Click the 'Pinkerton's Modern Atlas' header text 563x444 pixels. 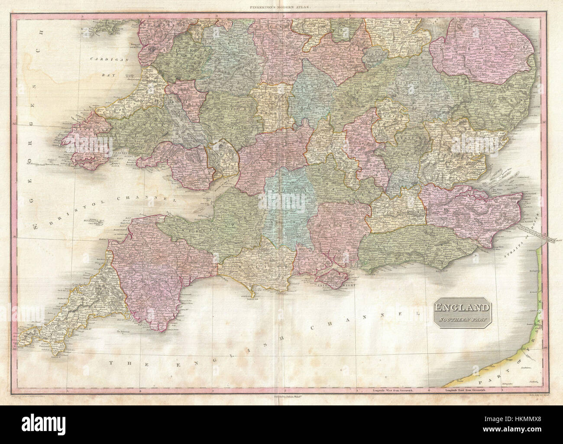point(282,6)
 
